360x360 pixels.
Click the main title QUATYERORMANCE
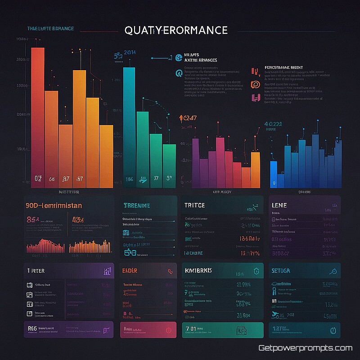175,30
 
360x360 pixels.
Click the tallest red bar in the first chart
38,117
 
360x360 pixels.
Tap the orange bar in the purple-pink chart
255,169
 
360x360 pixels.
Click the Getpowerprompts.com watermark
305,348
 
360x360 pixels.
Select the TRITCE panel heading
194,205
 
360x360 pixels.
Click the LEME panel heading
279,205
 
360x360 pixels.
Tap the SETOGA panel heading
281,270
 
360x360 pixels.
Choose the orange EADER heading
130,270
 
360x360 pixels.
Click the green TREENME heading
137,205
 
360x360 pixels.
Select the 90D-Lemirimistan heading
54,205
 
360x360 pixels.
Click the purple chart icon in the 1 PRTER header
107,270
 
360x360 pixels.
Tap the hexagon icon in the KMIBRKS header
256,270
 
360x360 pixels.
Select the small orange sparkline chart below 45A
90,246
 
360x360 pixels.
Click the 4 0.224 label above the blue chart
273,124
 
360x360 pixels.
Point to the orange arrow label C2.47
188,118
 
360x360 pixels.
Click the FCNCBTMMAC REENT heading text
277,67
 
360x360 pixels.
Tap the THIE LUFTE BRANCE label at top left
50,29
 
